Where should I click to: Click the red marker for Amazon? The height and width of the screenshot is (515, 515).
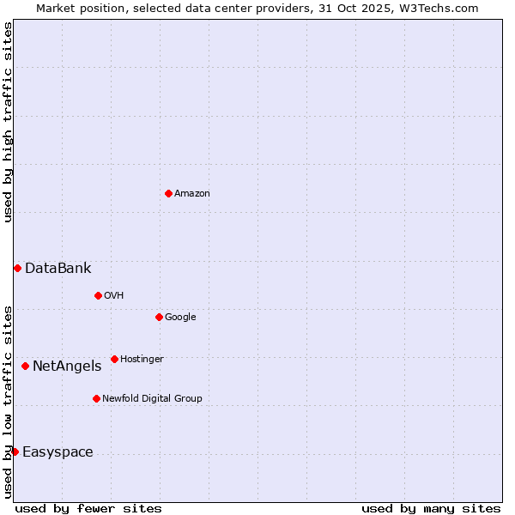coord(168,193)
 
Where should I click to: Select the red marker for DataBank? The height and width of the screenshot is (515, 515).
coord(17,269)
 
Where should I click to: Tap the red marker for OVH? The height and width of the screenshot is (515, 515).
coord(98,295)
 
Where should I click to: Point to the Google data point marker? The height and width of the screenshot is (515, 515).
coord(159,317)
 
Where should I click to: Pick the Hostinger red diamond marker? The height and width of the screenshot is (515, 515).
coord(114,359)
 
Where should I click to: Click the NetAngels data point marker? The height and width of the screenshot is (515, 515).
coord(25,367)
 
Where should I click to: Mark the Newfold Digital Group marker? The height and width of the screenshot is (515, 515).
coord(96,398)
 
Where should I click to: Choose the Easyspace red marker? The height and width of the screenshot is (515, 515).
coord(15,451)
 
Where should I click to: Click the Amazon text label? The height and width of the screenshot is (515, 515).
coord(192,193)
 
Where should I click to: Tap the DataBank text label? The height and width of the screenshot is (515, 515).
coord(58,269)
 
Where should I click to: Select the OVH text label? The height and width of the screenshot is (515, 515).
coord(114,295)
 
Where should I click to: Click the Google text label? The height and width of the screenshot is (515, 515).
coord(180,317)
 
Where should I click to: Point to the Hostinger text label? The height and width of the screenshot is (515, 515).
coord(142,359)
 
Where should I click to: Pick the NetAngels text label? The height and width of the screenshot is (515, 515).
coord(67,367)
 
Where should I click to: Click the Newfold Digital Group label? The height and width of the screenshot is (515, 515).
coord(152,398)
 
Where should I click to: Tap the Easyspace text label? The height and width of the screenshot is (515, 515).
coord(58,452)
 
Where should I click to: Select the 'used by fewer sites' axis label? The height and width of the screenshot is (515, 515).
coord(88,508)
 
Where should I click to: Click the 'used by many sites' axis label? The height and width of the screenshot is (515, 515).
coord(431,508)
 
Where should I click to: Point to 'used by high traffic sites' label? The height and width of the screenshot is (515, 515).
coord(9,122)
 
